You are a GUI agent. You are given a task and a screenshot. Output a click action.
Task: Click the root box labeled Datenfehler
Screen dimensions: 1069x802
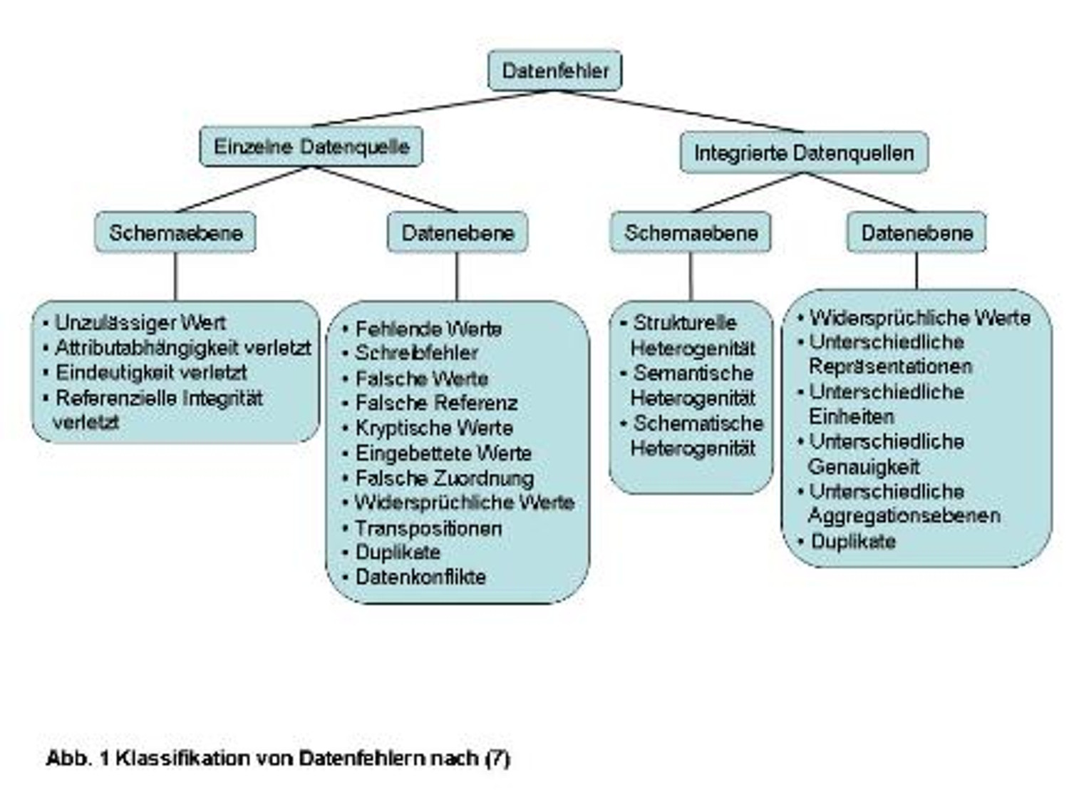[x=554, y=71]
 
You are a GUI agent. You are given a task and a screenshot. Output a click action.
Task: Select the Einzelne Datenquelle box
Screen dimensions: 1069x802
[x=311, y=147]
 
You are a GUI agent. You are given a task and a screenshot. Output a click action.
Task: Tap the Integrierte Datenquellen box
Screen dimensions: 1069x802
[x=804, y=153]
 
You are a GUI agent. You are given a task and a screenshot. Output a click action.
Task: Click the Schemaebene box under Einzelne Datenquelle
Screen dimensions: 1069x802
[x=175, y=233]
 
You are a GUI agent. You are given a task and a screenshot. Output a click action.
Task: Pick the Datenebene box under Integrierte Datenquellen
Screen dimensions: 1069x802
[x=917, y=233]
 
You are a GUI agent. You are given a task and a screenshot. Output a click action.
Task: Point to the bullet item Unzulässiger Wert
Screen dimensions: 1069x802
[x=140, y=323]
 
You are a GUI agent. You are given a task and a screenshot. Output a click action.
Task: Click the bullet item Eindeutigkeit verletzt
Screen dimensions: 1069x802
[x=151, y=373]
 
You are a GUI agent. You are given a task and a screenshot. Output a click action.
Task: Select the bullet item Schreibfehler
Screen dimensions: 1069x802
[x=417, y=353]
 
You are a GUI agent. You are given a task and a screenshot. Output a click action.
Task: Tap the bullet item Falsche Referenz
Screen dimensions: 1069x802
[x=436, y=403]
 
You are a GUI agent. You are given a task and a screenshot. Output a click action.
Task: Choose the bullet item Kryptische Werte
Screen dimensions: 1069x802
[x=435, y=428]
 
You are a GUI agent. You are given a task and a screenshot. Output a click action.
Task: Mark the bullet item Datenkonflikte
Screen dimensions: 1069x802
[x=420, y=577]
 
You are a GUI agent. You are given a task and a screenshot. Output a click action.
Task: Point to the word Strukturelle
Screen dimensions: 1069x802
[x=685, y=323]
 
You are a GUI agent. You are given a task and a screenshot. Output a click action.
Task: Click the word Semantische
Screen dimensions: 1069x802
[x=693, y=374]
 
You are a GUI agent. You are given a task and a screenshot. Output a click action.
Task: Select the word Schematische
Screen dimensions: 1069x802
[x=698, y=423]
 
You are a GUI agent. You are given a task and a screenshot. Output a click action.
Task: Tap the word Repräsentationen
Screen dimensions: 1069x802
[x=890, y=367]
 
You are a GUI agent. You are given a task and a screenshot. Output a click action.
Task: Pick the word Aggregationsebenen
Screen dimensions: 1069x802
[x=904, y=516]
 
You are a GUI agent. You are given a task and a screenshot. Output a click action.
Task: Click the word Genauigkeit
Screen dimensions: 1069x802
[x=864, y=467]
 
